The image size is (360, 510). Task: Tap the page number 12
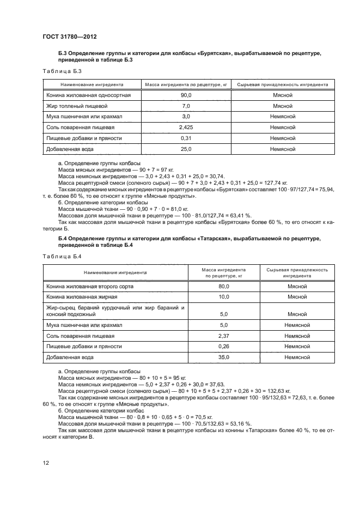(x=46, y=462)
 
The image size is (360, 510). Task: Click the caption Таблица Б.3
(x=62, y=71)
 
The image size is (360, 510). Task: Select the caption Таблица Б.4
(x=62, y=256)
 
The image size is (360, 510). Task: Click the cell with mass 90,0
(x=186, y=95)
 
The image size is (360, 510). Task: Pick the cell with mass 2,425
(x=186, y=127)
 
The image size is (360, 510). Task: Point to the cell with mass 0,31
(x=186, y=138)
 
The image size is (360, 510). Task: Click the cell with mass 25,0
(x=186, y=148)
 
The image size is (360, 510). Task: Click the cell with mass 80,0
(x=223, y=286)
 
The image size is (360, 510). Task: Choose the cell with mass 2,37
(x=223, y=336)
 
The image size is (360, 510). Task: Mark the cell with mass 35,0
(x=223, y=357)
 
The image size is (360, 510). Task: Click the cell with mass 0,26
(x=223, y=346)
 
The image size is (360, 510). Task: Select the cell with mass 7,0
(x=186, y=106)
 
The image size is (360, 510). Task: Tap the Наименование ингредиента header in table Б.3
(x=91, y=85)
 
